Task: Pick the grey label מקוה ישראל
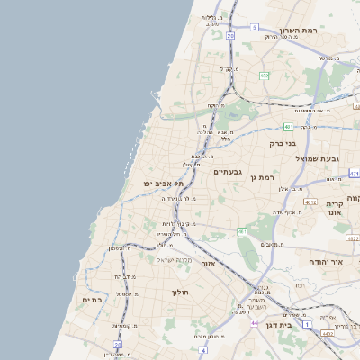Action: coord(175,260)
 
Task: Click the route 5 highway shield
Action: coord(255,28)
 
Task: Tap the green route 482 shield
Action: coord(265,76)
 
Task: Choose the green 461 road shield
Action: coord(242,232)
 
